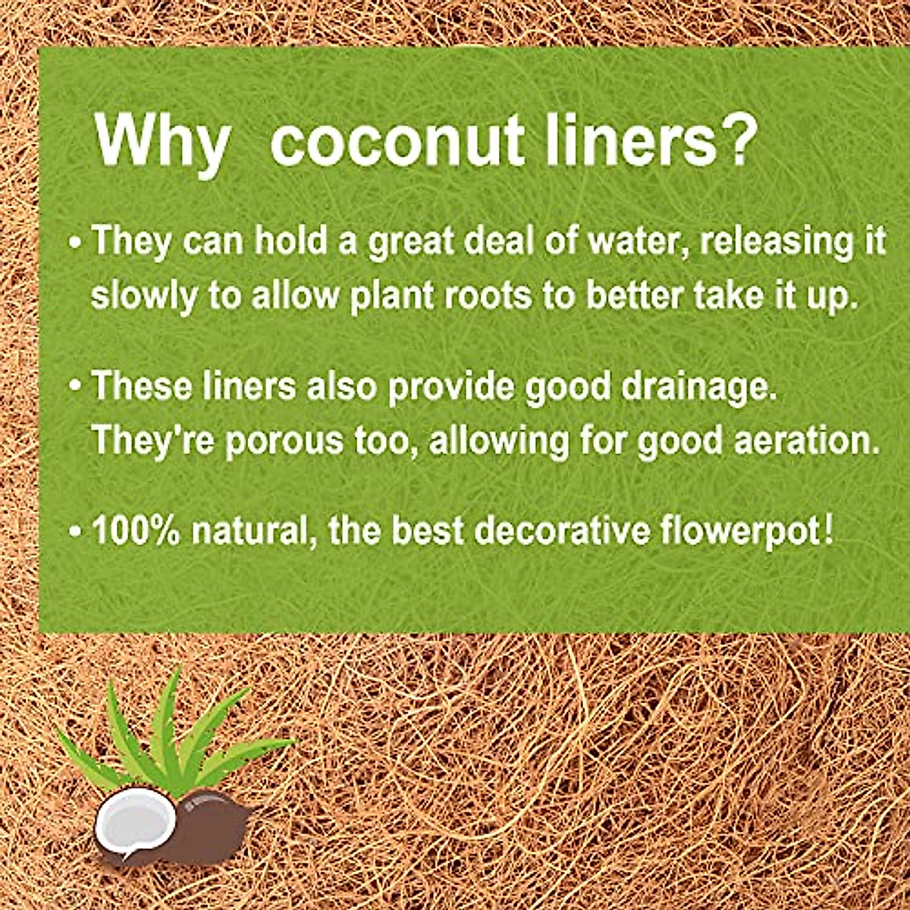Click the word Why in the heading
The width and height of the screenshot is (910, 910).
tap(162, 142)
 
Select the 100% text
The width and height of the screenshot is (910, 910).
tap(136, 530)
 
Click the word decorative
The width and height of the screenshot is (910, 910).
tap(562, 530)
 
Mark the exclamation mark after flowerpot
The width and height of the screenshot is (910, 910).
tap(828, 529)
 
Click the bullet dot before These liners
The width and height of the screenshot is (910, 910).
tap(75, 388)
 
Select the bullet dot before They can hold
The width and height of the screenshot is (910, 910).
tap(75, 243)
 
